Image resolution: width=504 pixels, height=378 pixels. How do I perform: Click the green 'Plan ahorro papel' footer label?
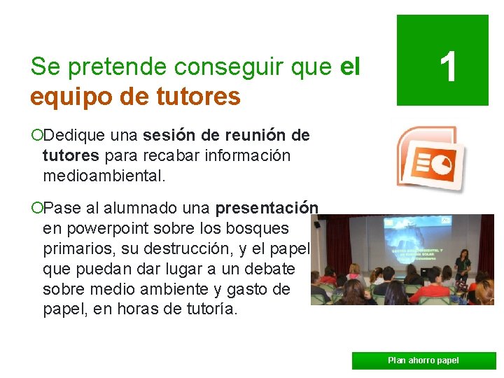click(423, 360)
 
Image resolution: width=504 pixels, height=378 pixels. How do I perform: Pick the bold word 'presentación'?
click(267, 209)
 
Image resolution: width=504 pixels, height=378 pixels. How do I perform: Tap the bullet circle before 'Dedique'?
click(36, 135)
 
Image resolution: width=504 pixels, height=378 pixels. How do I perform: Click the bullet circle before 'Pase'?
click(36, 209)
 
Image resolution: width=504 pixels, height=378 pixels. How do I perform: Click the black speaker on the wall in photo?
click(317, 224)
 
